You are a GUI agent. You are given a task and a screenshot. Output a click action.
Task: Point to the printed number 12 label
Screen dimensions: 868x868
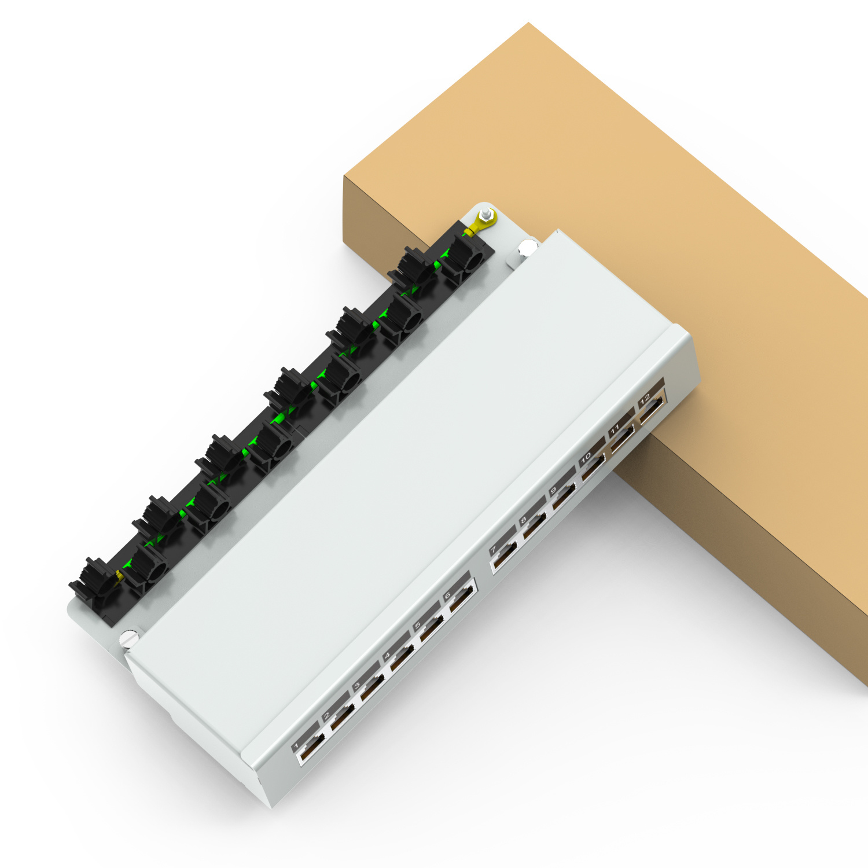(645, 399)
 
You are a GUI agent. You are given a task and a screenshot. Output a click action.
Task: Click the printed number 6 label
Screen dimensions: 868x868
(448, 595)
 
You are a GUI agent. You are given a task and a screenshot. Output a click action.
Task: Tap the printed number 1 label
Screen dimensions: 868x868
(296, 746)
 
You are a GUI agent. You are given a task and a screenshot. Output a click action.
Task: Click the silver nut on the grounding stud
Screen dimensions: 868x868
(487, 216)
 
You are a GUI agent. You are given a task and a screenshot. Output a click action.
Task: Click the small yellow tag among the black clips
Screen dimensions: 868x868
(119, 576)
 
